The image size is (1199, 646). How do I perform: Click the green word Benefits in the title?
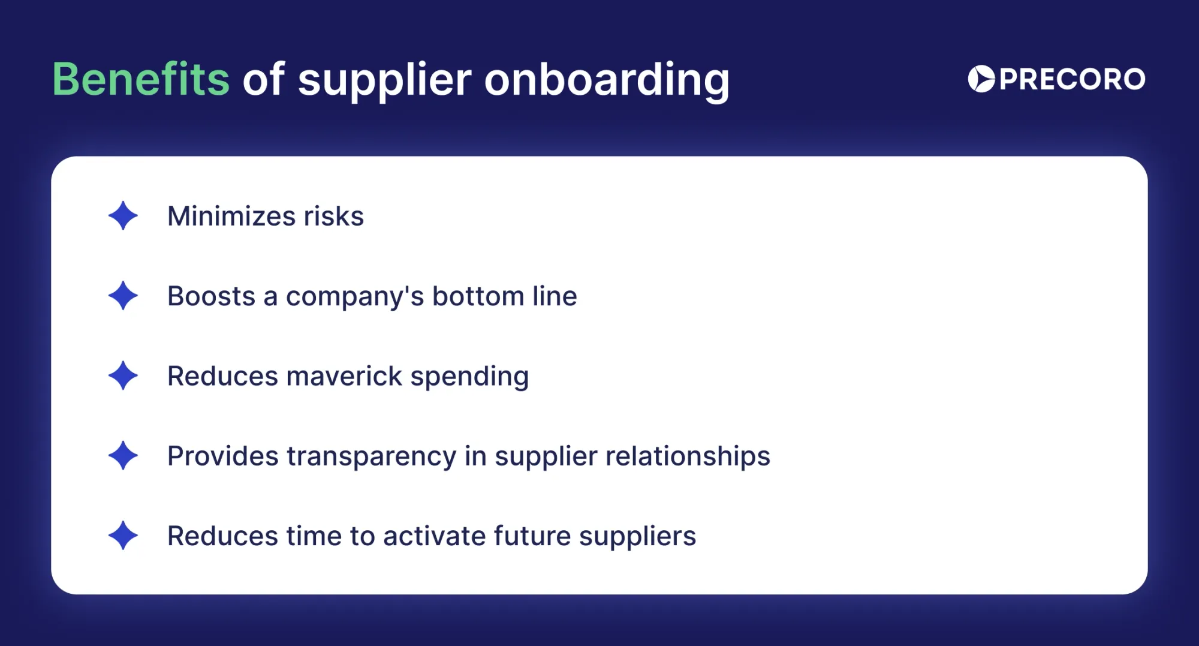tap(141, 79)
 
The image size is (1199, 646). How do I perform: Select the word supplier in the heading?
tap(384, 80)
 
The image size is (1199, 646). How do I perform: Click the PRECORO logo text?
tap(1072, 79)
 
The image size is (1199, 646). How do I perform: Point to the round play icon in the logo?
tap(981, 79)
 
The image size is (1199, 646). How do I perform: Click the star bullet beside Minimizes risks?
tap(123, 216)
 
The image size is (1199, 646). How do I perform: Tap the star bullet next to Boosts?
tap(123, 296)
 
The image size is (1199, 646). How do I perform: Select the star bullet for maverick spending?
tap(123, 376)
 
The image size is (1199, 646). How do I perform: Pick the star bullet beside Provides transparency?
tap(123, 456)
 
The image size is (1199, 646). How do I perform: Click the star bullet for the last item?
tap(123, 536)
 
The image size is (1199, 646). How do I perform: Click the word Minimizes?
tap(231, 216)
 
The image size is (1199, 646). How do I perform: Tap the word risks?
tap(333, 216)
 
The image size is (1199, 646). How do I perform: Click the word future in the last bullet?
tap(532, 536)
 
